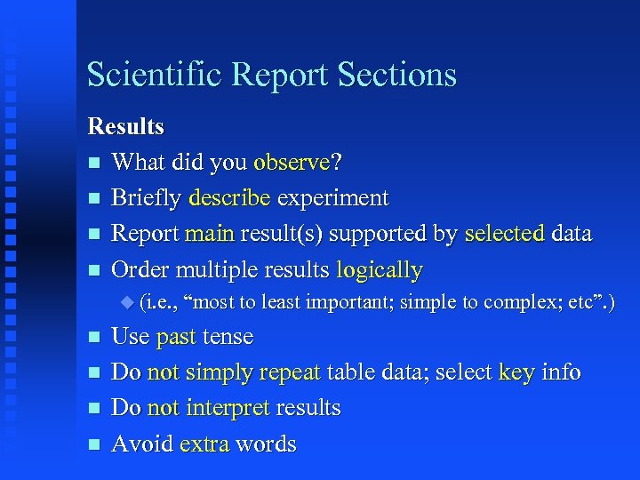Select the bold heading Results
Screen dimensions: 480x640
(125, 127)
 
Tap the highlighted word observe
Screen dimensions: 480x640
(292, 163)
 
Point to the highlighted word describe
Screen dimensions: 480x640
(228, 198)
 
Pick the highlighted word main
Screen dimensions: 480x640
(209, 234)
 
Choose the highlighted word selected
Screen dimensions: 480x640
(504, 234)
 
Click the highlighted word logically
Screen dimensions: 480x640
(379, 269)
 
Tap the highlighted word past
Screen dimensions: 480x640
(176, 338)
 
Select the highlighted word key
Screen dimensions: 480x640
(516, 372)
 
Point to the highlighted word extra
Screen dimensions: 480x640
(204, 444)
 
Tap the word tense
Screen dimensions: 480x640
(228, 338)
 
